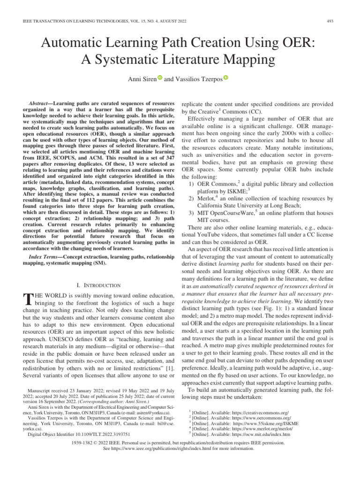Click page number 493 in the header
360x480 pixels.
coord(330,20)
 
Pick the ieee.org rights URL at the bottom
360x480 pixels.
coord(157,448)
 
